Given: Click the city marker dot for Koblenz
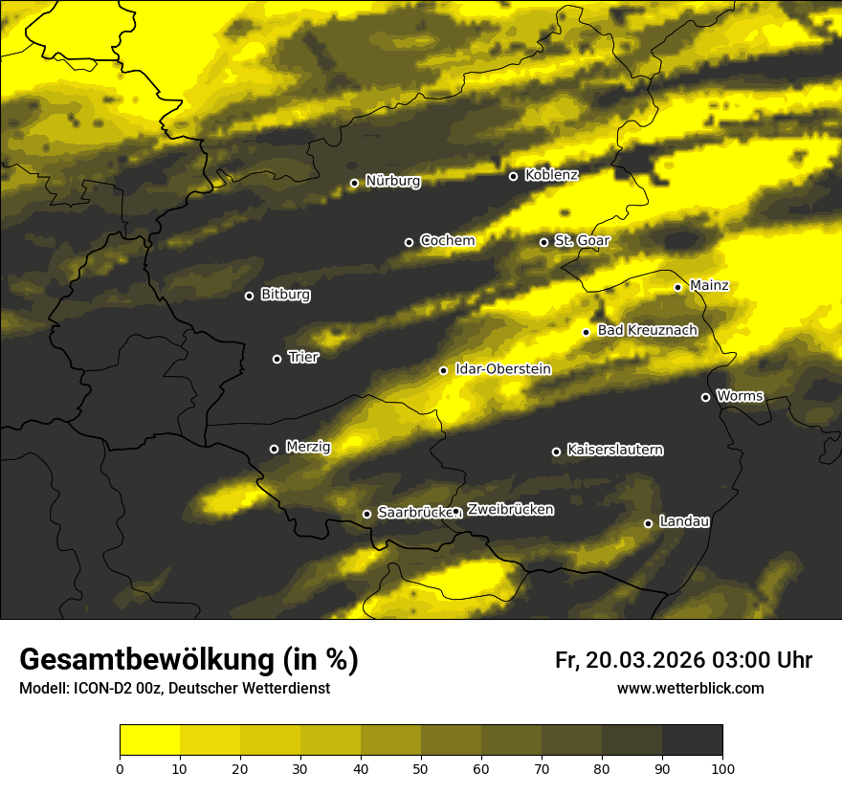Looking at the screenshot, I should [513, 176].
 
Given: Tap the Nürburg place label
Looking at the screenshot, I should [392, 181].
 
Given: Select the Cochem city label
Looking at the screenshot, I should [447, 240].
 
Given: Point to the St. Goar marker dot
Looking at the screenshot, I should [543, 242].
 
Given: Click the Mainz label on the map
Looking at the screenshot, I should [709, 285].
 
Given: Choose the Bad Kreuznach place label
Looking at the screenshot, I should [647, 330].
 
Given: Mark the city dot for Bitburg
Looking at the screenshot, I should [249, 296].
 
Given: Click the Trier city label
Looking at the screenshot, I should [303, 357].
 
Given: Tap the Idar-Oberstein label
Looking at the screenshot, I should [502, 368].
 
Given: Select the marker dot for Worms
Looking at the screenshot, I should [705, 397].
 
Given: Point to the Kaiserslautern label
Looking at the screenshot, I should [615, 450].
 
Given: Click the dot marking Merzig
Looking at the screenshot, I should [274, 449].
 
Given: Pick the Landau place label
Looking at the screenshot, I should [684, 521].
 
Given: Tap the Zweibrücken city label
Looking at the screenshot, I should [510, 510].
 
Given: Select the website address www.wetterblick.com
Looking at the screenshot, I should [690, 688].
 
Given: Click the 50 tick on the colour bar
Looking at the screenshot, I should [421, 767].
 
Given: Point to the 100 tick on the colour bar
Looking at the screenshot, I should [722, 767].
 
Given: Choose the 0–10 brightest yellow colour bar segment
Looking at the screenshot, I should [149, 740].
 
